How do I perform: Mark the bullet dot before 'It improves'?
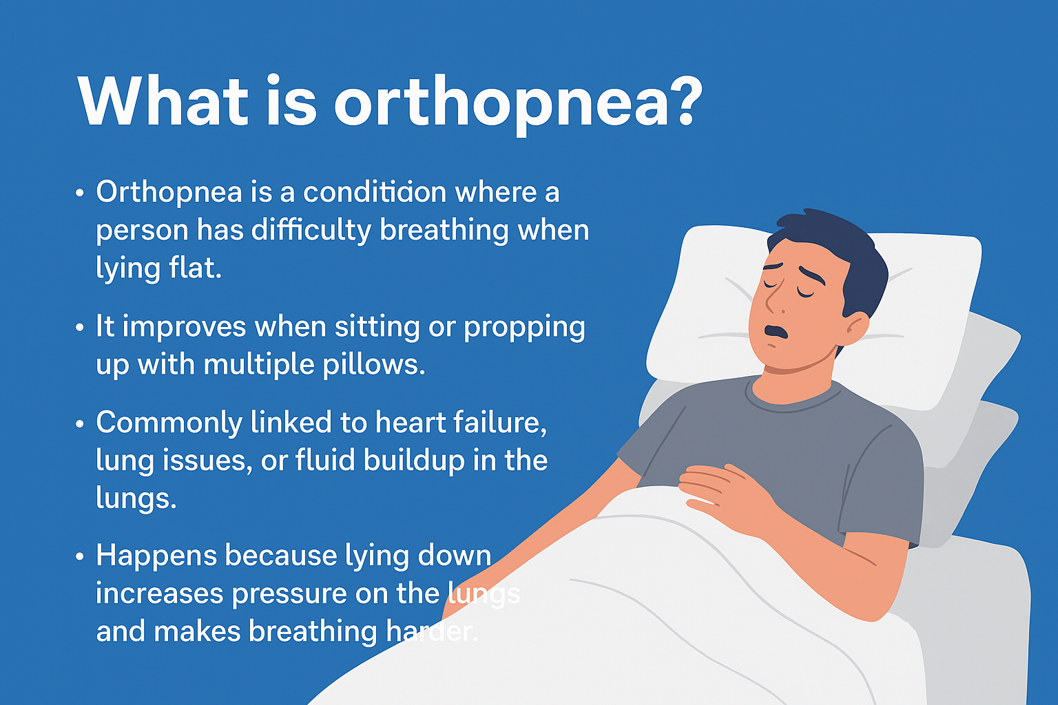coord(80,327)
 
